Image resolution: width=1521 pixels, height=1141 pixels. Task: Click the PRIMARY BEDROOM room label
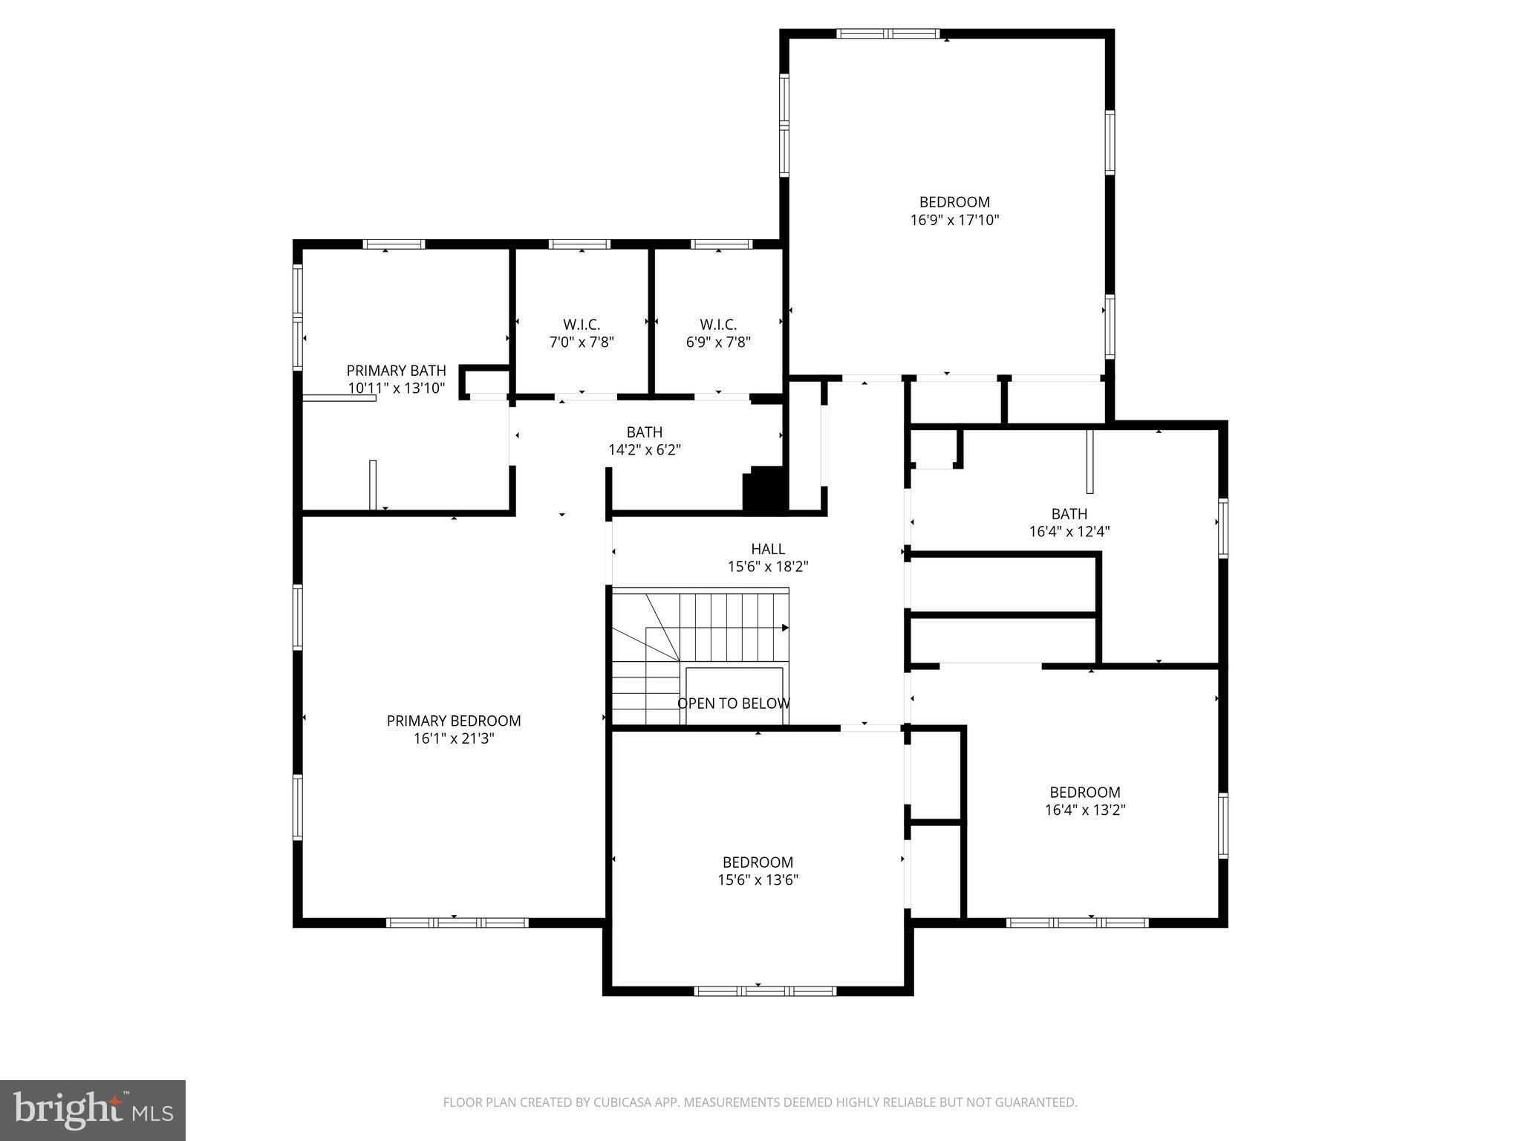click(453, 721)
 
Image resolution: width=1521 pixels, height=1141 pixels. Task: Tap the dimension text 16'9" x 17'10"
click(954, 220)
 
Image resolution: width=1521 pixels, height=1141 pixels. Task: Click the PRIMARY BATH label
click(396, 370)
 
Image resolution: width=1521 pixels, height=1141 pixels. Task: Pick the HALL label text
click(767, 549)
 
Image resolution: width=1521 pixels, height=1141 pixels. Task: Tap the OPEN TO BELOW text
click(733, 703)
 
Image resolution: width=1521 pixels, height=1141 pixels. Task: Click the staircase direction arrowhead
click(785, 628)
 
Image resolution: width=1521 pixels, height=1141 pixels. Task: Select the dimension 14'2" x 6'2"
click(644, 449)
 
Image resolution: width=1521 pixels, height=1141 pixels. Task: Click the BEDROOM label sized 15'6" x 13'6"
click(758, 862)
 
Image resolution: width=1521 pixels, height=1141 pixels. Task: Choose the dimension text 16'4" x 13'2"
click(1085, 810)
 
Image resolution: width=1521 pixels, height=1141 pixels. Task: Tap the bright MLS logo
click(93, 1110)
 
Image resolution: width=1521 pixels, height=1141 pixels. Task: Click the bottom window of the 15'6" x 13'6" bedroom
click(765, 991)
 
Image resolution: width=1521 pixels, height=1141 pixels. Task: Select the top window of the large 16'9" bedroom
click(887, 33)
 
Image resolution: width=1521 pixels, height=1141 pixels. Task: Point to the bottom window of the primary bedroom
click(457, 923)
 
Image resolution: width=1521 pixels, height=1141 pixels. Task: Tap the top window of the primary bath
click(394, 244)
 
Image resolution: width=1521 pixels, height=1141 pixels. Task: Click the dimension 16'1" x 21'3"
click(453, 738)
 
